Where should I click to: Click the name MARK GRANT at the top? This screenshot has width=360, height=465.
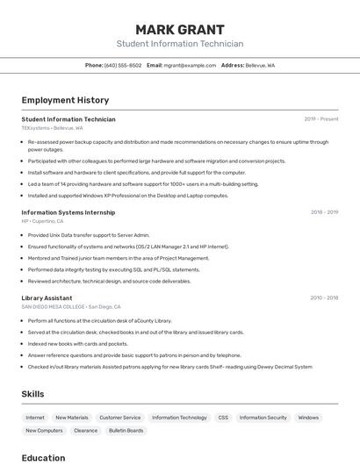coord(180,29)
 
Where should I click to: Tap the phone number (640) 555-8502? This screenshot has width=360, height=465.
coord(123,65)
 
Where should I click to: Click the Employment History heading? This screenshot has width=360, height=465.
coord(65,100)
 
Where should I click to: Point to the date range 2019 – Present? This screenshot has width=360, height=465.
coord(320,118)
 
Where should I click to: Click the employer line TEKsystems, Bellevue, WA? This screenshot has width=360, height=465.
coord(52,128)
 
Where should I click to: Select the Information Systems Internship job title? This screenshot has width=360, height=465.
coord(68,211)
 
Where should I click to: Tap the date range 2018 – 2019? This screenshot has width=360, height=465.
coord(324,211)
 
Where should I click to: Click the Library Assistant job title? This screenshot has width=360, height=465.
coord(47,297)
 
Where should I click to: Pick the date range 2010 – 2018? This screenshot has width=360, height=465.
coord(324,297)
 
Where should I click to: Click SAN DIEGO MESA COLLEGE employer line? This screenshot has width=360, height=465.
coord(70,307)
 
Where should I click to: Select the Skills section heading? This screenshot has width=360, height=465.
coord(32,394)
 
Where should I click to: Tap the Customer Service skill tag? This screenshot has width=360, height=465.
coord(120,418)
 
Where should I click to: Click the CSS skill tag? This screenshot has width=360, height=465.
coord(223,418)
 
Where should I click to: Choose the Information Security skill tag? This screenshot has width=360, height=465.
coord(263,418)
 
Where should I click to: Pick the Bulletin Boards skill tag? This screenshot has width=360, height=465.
coord(126,431)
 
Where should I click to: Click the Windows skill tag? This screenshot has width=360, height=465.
coord(308,418)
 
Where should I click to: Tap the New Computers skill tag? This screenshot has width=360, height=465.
coord(44,431)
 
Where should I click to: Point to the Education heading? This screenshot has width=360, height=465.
coord(43,457)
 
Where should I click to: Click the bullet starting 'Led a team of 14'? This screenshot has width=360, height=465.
coord(143,184)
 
